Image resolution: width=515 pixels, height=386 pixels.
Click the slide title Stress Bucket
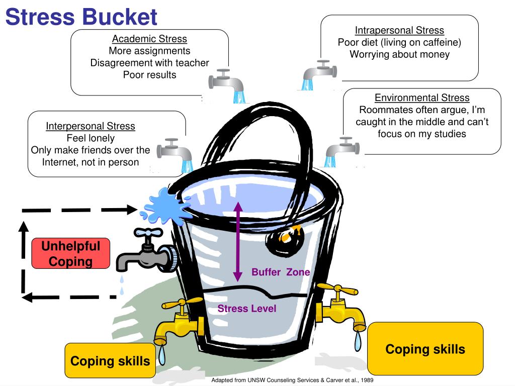81,17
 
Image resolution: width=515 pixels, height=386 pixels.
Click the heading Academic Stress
149,39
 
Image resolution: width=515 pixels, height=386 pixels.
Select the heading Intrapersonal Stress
399,30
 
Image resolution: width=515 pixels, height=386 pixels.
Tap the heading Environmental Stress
422,98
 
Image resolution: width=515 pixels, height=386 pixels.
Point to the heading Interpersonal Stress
91,126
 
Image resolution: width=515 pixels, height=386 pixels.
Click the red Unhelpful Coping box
70,253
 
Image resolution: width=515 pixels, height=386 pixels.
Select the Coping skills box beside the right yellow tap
425,349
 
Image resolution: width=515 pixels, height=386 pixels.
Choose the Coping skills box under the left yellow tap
110,361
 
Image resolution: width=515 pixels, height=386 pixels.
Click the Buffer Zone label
281,272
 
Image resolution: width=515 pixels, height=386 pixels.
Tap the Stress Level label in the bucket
247,309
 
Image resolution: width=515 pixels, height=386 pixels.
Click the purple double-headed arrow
238,241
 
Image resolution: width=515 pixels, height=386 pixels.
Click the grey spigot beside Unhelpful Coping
146,254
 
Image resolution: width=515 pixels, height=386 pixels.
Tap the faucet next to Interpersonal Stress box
174,150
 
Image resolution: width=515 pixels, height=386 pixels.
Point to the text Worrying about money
399,54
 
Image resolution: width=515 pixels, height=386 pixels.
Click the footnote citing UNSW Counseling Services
292,380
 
